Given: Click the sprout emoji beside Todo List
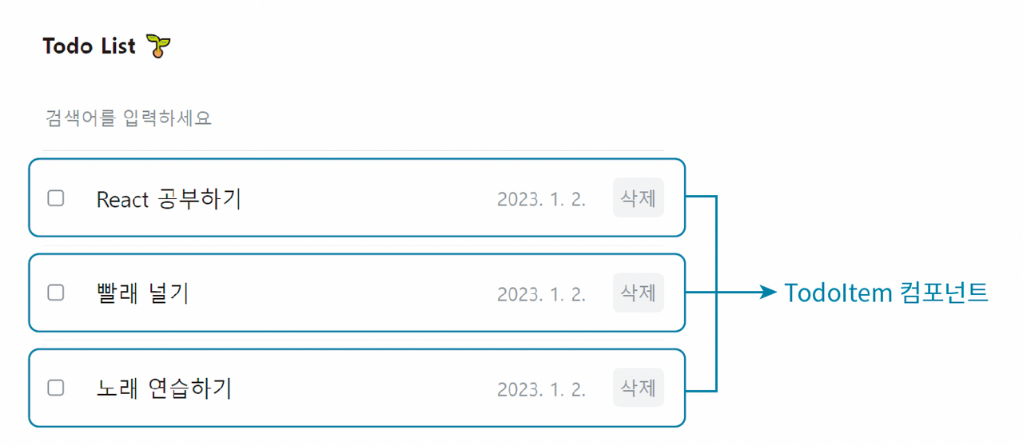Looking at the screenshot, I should [x=160, y=46].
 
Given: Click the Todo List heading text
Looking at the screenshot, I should [x=90, y=46].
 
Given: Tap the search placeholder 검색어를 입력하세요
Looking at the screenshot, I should [x=129, y=119].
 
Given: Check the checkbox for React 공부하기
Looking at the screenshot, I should [x=56, y=198].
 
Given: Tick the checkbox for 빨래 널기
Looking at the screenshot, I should [x=56, y=293].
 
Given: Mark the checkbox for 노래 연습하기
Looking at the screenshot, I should [x=56, y=388].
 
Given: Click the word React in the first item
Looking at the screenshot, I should [x=122, y=199].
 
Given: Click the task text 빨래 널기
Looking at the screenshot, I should [x=142, y=293].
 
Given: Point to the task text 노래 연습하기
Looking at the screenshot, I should [x=164, y=388].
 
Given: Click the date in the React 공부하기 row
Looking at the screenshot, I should [x=541, y=200].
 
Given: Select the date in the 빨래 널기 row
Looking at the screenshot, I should [x=541, y=294].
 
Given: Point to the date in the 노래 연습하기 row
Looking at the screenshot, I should [x=541, y=389].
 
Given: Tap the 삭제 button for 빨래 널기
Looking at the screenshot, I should [x=638, y=293].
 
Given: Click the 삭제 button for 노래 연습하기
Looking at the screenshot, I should [x=638, y=388].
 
